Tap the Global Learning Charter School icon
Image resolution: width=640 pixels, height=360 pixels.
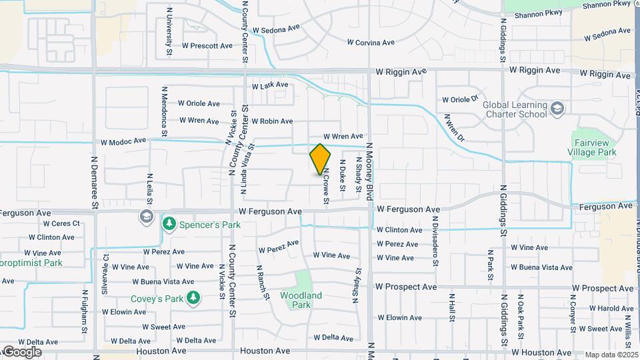(557, 107)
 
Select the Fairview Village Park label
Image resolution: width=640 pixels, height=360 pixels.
(593, 147)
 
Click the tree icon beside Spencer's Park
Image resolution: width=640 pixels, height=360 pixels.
(170, 223)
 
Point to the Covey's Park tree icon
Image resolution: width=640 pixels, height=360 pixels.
(193, 298)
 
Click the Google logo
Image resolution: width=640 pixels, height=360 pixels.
(22, 351)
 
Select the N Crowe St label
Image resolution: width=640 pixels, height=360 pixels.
(327, 185)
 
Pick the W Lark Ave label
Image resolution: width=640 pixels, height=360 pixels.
(270, 85)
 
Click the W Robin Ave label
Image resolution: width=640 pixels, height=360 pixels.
(272, 121)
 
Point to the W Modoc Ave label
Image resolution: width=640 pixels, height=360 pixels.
(123, 141)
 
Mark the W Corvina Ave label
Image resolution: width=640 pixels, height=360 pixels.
(371, 42)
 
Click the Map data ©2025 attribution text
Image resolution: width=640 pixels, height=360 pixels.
(611, 355)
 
